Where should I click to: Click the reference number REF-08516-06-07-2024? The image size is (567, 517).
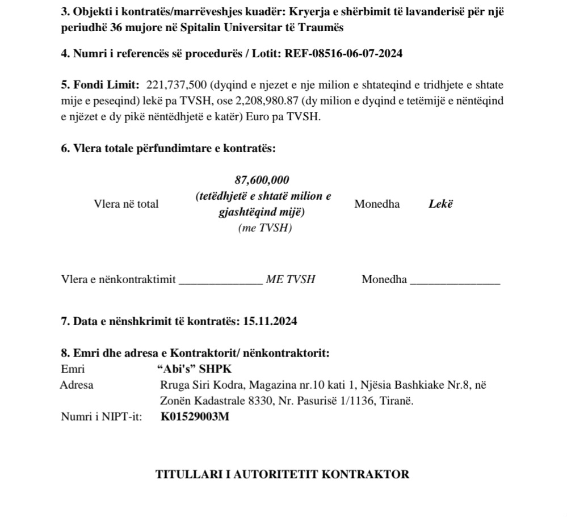(x=343, y=54)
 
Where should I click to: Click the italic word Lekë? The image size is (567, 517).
(x=441, y=204)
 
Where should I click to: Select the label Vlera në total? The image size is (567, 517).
(x=126, y=204)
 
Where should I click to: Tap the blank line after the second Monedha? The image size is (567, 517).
(x=455, y=280)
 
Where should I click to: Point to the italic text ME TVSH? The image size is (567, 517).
(x=290, y=279)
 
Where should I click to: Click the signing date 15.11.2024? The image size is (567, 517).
(x=270, y=321)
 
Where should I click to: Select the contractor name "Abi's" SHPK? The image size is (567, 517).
(x=194, y=368)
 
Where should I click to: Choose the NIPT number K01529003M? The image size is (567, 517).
(x=195, y=417)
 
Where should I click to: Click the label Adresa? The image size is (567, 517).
(x=77, y=385)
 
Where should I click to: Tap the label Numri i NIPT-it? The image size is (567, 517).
(x=102, y=417)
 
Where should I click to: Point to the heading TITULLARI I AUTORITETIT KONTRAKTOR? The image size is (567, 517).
(x=282, y=475)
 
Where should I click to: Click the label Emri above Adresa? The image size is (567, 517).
(x=73, y=368)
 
